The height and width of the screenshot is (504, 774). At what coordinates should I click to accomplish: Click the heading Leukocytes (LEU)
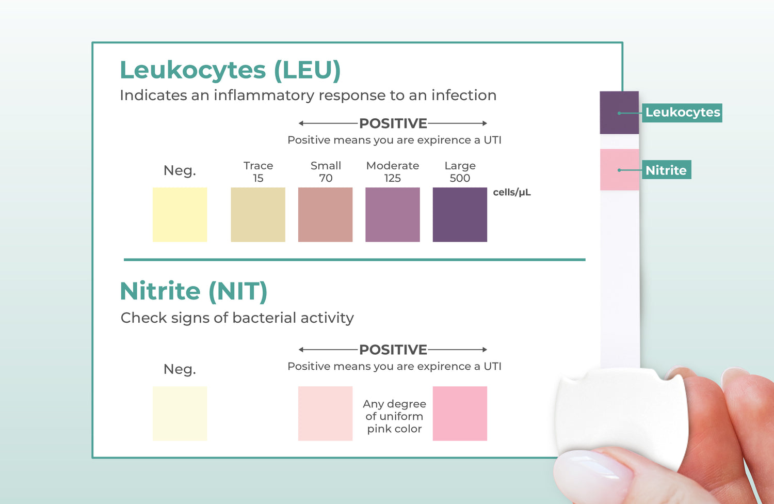tap(230, 71)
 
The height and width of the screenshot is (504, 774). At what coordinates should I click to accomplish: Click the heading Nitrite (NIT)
tap(194, 292)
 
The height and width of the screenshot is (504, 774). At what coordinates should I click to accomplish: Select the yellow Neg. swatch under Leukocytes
tap(180, 214)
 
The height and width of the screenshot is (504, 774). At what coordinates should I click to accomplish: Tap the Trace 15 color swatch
tap(258, 214)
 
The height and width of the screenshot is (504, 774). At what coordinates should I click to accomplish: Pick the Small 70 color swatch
tap(325, 214)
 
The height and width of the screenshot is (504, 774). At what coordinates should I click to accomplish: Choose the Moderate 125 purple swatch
tap(393, 214)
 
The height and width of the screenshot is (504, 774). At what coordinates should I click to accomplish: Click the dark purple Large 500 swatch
tap(460, 214)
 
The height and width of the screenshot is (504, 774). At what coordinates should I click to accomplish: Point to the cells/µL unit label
tap(512, 192)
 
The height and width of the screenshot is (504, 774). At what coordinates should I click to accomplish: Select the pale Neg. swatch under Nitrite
tap(180, 413)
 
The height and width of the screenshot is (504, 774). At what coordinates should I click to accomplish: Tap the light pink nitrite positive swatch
tap(325, 413)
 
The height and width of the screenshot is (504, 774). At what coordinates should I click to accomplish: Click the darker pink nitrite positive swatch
tap(460, 413)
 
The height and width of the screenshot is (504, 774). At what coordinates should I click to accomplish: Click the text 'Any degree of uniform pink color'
tap(394, 416)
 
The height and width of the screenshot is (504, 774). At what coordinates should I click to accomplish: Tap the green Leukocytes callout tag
tap(682, 113)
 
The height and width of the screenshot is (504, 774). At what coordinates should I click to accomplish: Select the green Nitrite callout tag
tap(667, 169)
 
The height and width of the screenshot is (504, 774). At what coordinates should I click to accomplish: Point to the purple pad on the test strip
tap(619, 113)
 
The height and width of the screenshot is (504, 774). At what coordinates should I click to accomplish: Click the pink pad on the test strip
tap(620, 169)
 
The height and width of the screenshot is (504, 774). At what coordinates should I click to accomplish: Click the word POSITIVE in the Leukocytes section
tap(393, 123)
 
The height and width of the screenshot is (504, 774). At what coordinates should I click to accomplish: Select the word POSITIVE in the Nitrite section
tap(393, 350)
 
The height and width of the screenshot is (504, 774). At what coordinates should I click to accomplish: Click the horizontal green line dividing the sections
tap(354, 259)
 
